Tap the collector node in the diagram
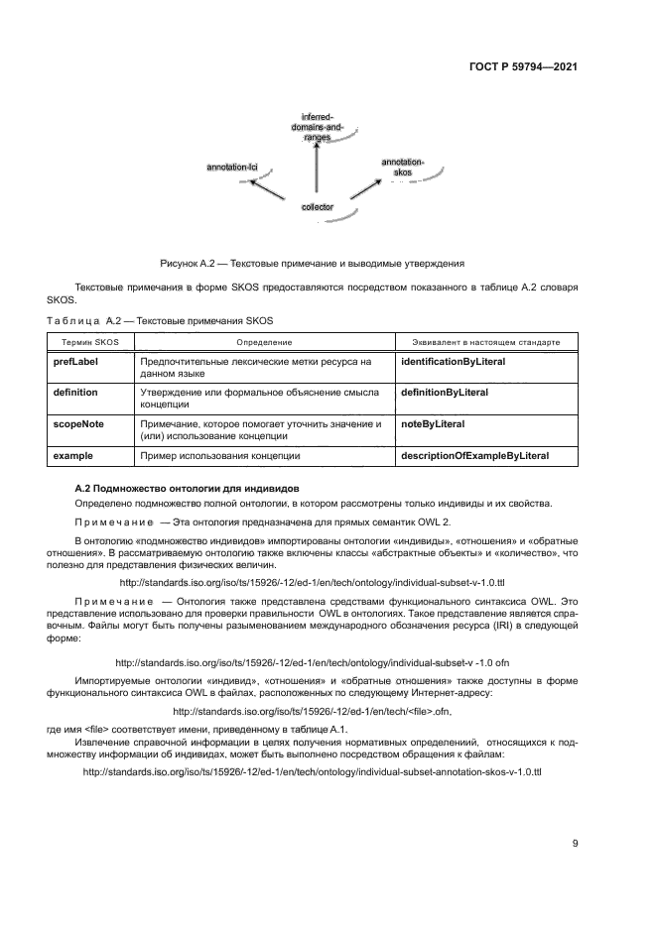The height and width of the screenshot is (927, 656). tap(317, 207)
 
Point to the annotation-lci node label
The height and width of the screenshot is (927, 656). tap(231, 169)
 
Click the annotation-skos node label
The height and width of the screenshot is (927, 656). tap(402, 167)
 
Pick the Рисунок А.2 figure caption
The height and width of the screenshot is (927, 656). tap(312, 265)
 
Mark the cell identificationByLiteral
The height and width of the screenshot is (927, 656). tap(453, 362)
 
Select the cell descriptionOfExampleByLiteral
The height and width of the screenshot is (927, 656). tap(473, 456)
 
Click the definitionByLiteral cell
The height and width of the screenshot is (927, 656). tap(444, 393)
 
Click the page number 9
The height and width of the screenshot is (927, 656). tap(575, 844)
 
